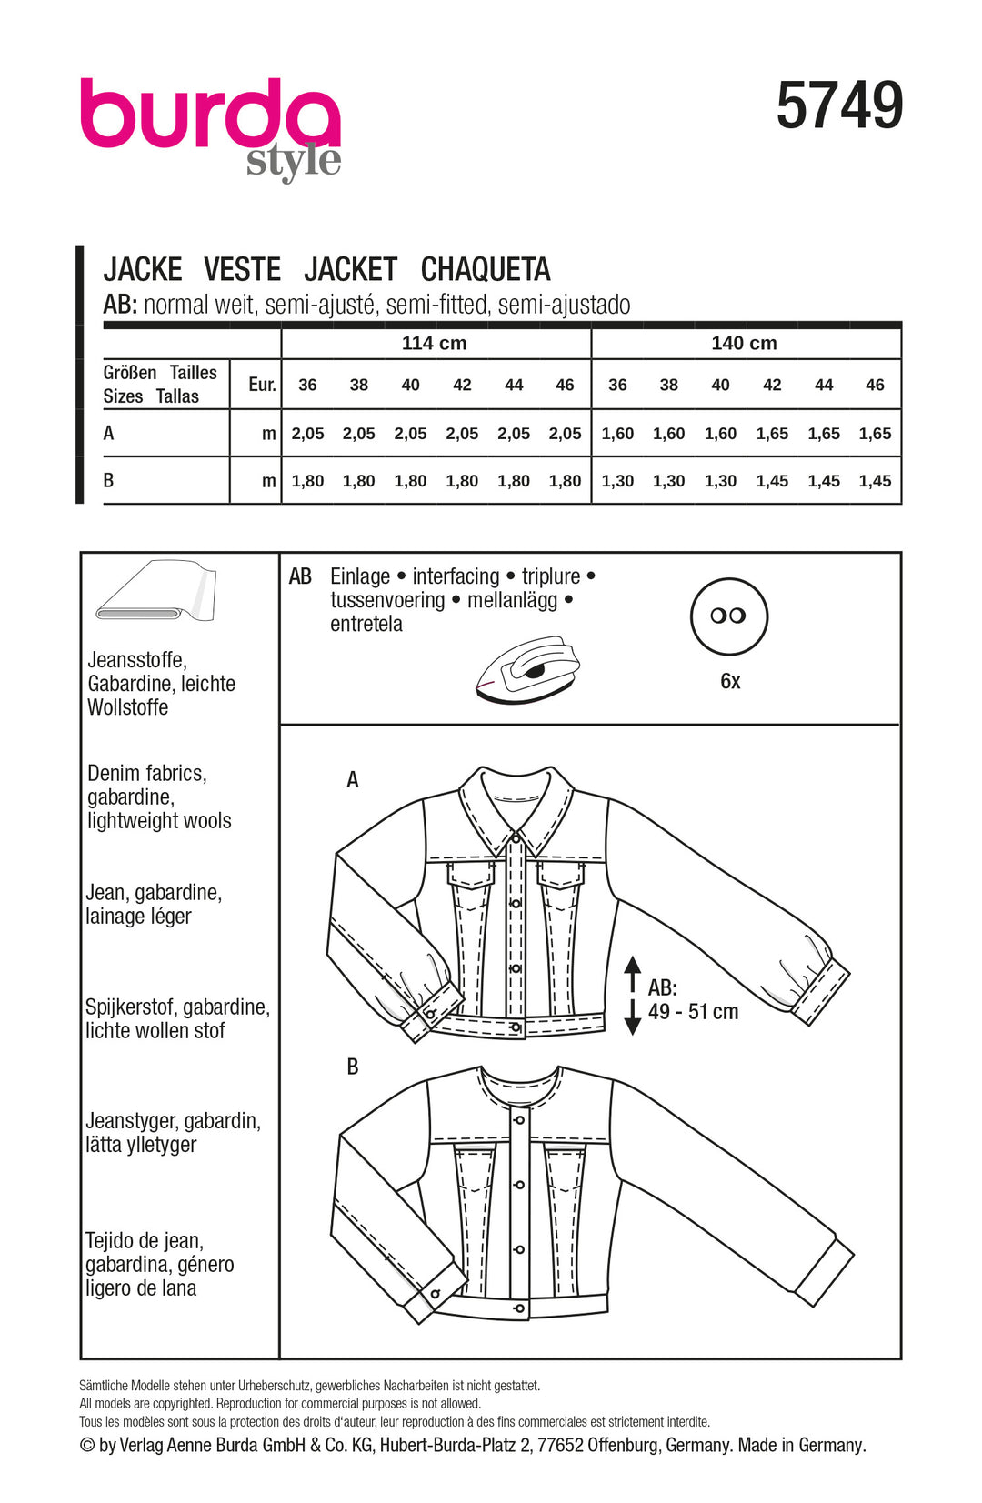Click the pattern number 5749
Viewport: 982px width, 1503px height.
[x=838, y=106]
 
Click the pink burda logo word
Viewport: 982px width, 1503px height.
[x=209, y=114]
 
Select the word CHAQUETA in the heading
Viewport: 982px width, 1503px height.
[x=486, y=270]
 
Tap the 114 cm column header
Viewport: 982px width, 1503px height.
[x=434, y=344]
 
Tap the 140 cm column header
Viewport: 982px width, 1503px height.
[x=744, y=344]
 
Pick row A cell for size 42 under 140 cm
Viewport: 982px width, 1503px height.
[x=772, y=434]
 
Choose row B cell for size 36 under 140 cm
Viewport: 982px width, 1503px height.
[x=617, y=481]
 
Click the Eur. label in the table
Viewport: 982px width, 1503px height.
[x=262, y=385]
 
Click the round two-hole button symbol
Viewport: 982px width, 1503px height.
[x=729, y=616]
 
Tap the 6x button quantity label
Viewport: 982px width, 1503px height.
[x=730, y=681]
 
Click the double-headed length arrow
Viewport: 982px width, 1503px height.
[x=633, y=996]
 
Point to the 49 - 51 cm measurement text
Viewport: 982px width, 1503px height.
[x=693, y=1011]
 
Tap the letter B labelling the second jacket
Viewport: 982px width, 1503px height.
[x=353, y=1067]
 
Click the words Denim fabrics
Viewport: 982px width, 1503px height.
[x=147, y=774]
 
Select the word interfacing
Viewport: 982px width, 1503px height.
[x=456, y=576]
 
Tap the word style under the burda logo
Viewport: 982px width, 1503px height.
[x=293, y=162]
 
